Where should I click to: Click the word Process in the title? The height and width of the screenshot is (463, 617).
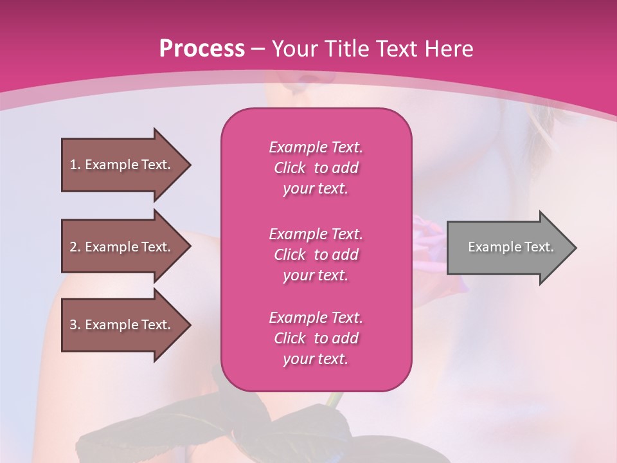tap(202, 49)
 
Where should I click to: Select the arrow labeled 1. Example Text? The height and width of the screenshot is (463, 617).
tap(122, 165)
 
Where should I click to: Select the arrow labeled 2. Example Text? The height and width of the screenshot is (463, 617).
tap(122, 247)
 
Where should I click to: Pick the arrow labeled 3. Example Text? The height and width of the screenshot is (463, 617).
tap(122, 325)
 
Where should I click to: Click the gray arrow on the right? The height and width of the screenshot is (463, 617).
tap(508, 248)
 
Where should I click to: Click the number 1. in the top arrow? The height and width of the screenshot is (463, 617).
tap(75, 165)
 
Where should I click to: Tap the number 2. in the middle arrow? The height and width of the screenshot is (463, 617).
tap(75, 247)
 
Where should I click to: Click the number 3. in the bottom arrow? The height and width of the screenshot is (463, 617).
tap(75, 325)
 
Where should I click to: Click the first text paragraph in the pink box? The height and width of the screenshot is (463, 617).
tap(316, 168)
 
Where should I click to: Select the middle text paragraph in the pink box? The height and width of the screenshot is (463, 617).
tap(316, 255)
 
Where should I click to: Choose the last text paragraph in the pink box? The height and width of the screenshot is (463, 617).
tap(316, 338)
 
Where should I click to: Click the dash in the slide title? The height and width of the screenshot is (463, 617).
tap(258, 49)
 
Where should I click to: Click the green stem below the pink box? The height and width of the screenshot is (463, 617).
tap(332, 399)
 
